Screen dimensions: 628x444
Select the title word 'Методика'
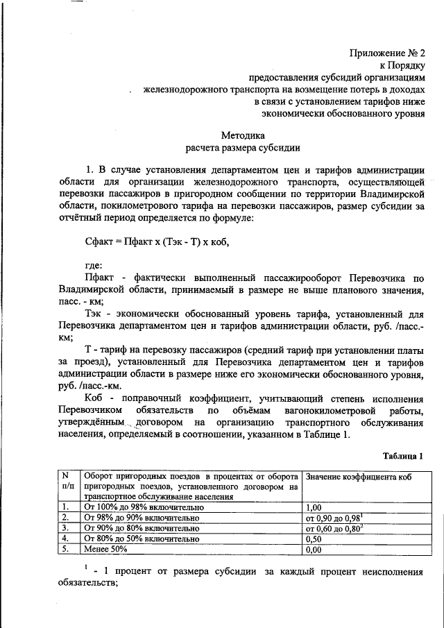243,135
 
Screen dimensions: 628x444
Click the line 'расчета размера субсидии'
243,147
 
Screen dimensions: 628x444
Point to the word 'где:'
94,265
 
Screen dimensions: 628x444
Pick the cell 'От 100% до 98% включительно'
142,507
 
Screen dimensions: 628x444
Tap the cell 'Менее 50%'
105,549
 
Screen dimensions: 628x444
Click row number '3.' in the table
65,528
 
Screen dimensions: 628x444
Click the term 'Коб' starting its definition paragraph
96,399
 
